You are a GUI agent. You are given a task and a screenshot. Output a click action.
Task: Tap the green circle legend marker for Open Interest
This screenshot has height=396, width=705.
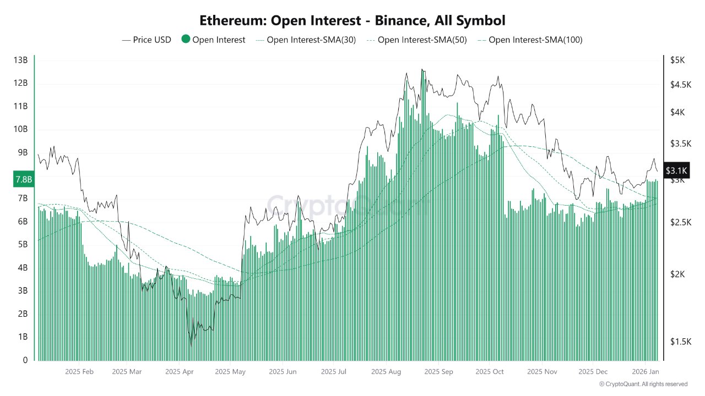pyautogui.click(x=186, y=40)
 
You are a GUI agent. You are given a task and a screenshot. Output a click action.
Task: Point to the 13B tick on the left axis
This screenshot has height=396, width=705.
pyautogui.click(x=20, y=61)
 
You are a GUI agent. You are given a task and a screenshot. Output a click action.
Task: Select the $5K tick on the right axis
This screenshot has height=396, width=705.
pyautogui.click(x=677, y=61)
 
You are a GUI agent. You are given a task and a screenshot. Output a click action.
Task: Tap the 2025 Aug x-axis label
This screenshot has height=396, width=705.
pyautogui.click(x=386, y=372)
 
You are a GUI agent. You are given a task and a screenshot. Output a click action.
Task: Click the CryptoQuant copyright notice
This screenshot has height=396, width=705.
pyautogui.click(x=643, y=384)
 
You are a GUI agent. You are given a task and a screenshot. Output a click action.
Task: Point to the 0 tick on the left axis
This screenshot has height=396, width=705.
pyautogui.click(x=24, y=360)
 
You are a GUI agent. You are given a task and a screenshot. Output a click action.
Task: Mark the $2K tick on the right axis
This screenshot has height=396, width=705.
pyautogui.click(x=677, y=274)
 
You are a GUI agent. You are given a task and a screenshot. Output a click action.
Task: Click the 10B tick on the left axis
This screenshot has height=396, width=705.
pyautogui.click(x=20, y=129)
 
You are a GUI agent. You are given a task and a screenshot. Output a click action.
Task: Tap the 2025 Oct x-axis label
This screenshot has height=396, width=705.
pyautogui.click(x=490, y=372)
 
